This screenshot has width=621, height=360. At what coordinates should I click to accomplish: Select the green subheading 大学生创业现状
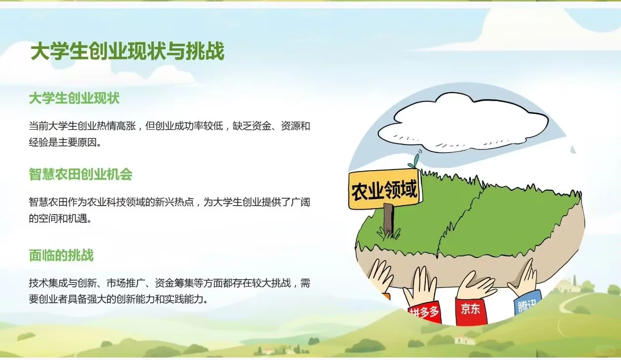pyautogui.click(x=74, y=98)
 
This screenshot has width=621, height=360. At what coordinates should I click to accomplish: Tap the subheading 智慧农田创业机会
pyautogui.click(x=80, y=174)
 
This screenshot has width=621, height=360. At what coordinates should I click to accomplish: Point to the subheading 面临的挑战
pyautogui.click(x=61, y=255)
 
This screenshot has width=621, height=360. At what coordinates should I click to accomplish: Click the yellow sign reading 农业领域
pyautogui.click(x=384, y=190)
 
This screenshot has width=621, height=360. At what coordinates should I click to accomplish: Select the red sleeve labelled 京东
pyautogui.click(x=471, y=310)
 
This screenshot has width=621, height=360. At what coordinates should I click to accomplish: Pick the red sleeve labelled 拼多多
pyautogui.click(x=423, y=312)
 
